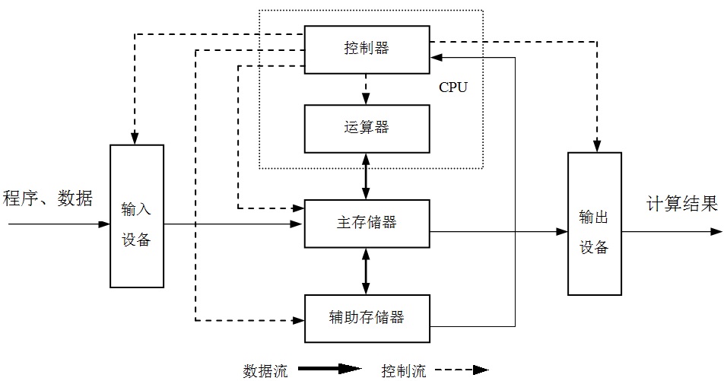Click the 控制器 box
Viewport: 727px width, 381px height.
click(366, 49)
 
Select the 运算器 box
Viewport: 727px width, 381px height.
click(366, 127)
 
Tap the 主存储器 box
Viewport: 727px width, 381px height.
click(366, 224)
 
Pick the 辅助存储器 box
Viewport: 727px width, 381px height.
click(366, 317)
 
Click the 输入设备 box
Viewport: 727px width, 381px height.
click(137, 216)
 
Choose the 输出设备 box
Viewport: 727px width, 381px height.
click(594, 224)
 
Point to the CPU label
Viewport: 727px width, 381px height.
click(453, 87)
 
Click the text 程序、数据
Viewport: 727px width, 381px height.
click(48, 199)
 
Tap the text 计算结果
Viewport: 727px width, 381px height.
click(681, 204)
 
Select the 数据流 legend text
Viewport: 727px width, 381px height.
click(265, 371)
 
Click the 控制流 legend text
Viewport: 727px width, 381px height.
click(404, 371)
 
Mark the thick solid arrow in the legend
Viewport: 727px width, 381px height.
click(329, 370)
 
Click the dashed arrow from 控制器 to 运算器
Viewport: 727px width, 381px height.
click(366, 88)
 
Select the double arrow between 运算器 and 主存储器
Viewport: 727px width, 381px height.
click(366, 176)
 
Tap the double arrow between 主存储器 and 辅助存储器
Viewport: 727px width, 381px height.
click(366, 271)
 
